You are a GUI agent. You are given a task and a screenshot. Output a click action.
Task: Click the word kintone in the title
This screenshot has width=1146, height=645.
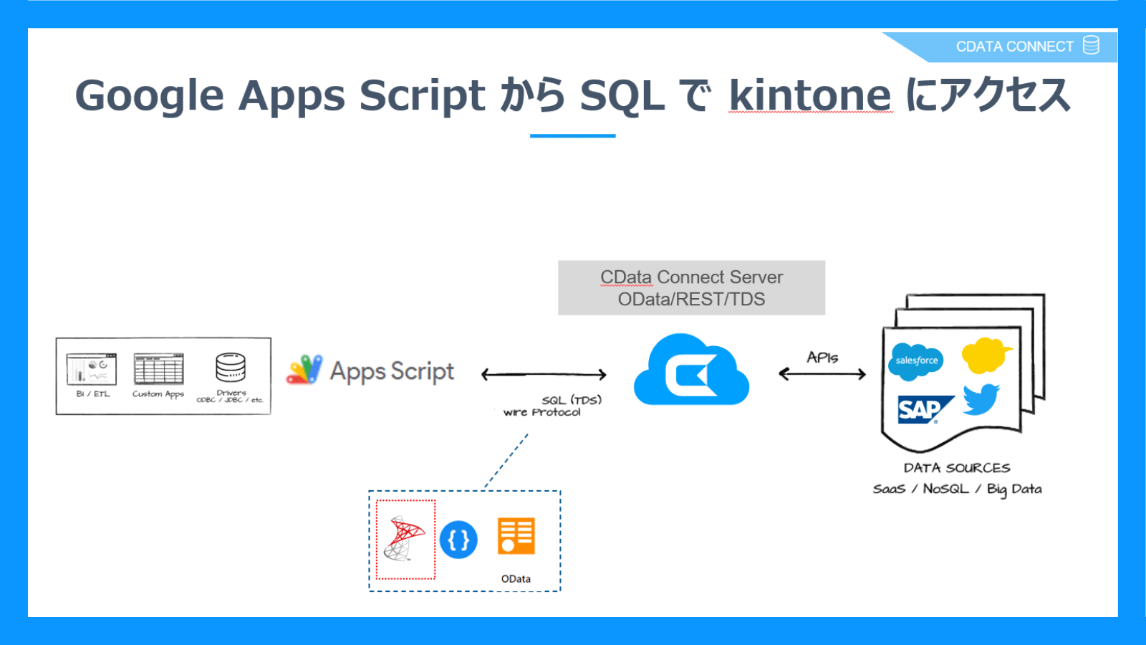[x=810, y=95]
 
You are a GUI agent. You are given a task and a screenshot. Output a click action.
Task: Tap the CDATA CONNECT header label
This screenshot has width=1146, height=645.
[x=1014, y=47]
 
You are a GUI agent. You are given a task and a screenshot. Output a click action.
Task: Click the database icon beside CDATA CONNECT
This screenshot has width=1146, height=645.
[x=1091, y=45]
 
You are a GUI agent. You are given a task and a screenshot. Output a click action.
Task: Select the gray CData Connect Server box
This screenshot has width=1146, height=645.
[x=691, y=287]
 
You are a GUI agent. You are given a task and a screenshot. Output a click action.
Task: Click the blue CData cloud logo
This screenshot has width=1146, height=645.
[x=691, y=371]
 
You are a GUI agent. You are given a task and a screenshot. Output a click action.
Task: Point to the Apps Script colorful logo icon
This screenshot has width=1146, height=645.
[x=304, y=370]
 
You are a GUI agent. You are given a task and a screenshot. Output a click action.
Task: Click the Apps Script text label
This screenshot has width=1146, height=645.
[x=392, y=371]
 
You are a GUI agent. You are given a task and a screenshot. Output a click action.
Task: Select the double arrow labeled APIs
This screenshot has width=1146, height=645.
[x=822, y=373]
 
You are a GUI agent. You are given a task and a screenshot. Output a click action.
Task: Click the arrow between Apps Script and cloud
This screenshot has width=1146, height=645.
[x=544, y=374]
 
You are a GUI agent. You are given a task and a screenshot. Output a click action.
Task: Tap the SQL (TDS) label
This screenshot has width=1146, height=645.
[x=572, y=400]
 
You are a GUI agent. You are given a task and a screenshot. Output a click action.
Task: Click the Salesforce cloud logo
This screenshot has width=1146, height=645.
[x=916, y=360]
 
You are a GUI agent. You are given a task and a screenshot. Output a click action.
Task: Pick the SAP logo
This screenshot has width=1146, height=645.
[x=924, y=409]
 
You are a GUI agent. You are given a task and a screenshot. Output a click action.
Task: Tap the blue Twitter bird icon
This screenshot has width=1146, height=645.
[x=981, y=399]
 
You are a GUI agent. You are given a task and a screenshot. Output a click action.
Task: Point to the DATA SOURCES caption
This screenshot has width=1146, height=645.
[x=956, y=468]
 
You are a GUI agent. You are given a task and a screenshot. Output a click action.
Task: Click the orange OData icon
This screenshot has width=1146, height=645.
[x=516, y=536]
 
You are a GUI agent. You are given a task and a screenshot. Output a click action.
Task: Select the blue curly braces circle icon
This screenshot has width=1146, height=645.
[x=458, y=540]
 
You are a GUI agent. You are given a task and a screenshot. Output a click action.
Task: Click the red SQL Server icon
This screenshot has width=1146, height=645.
[x=405, y=539]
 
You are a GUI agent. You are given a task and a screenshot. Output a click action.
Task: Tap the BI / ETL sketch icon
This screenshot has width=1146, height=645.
[x=92, y=369]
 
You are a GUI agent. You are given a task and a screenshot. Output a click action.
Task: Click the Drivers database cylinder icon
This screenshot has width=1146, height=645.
[x=231, y=368]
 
